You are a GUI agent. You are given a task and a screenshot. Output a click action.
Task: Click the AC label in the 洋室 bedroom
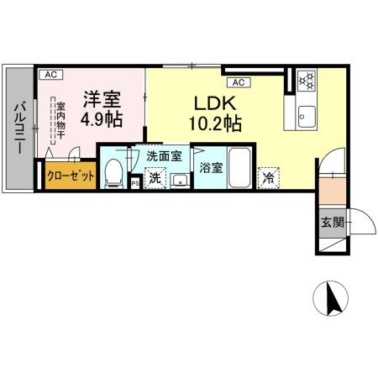pos(49,75)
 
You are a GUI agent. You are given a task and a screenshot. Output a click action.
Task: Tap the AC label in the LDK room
pos(237,81)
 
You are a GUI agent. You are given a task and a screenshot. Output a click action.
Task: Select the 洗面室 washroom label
pos(164,156)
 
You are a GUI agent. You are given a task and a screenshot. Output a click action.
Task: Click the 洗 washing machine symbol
pos(155,178)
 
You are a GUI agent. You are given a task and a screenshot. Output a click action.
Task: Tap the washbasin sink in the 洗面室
pos(179,178)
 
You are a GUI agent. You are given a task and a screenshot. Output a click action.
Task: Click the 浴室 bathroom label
pos(211,167)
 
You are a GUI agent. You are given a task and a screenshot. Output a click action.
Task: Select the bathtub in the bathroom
pos(239,169)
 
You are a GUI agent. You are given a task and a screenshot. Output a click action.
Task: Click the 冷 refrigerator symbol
pos(268,177)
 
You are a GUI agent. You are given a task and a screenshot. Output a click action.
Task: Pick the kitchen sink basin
pos(307,114)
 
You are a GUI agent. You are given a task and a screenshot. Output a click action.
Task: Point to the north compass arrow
pos(329,299)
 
